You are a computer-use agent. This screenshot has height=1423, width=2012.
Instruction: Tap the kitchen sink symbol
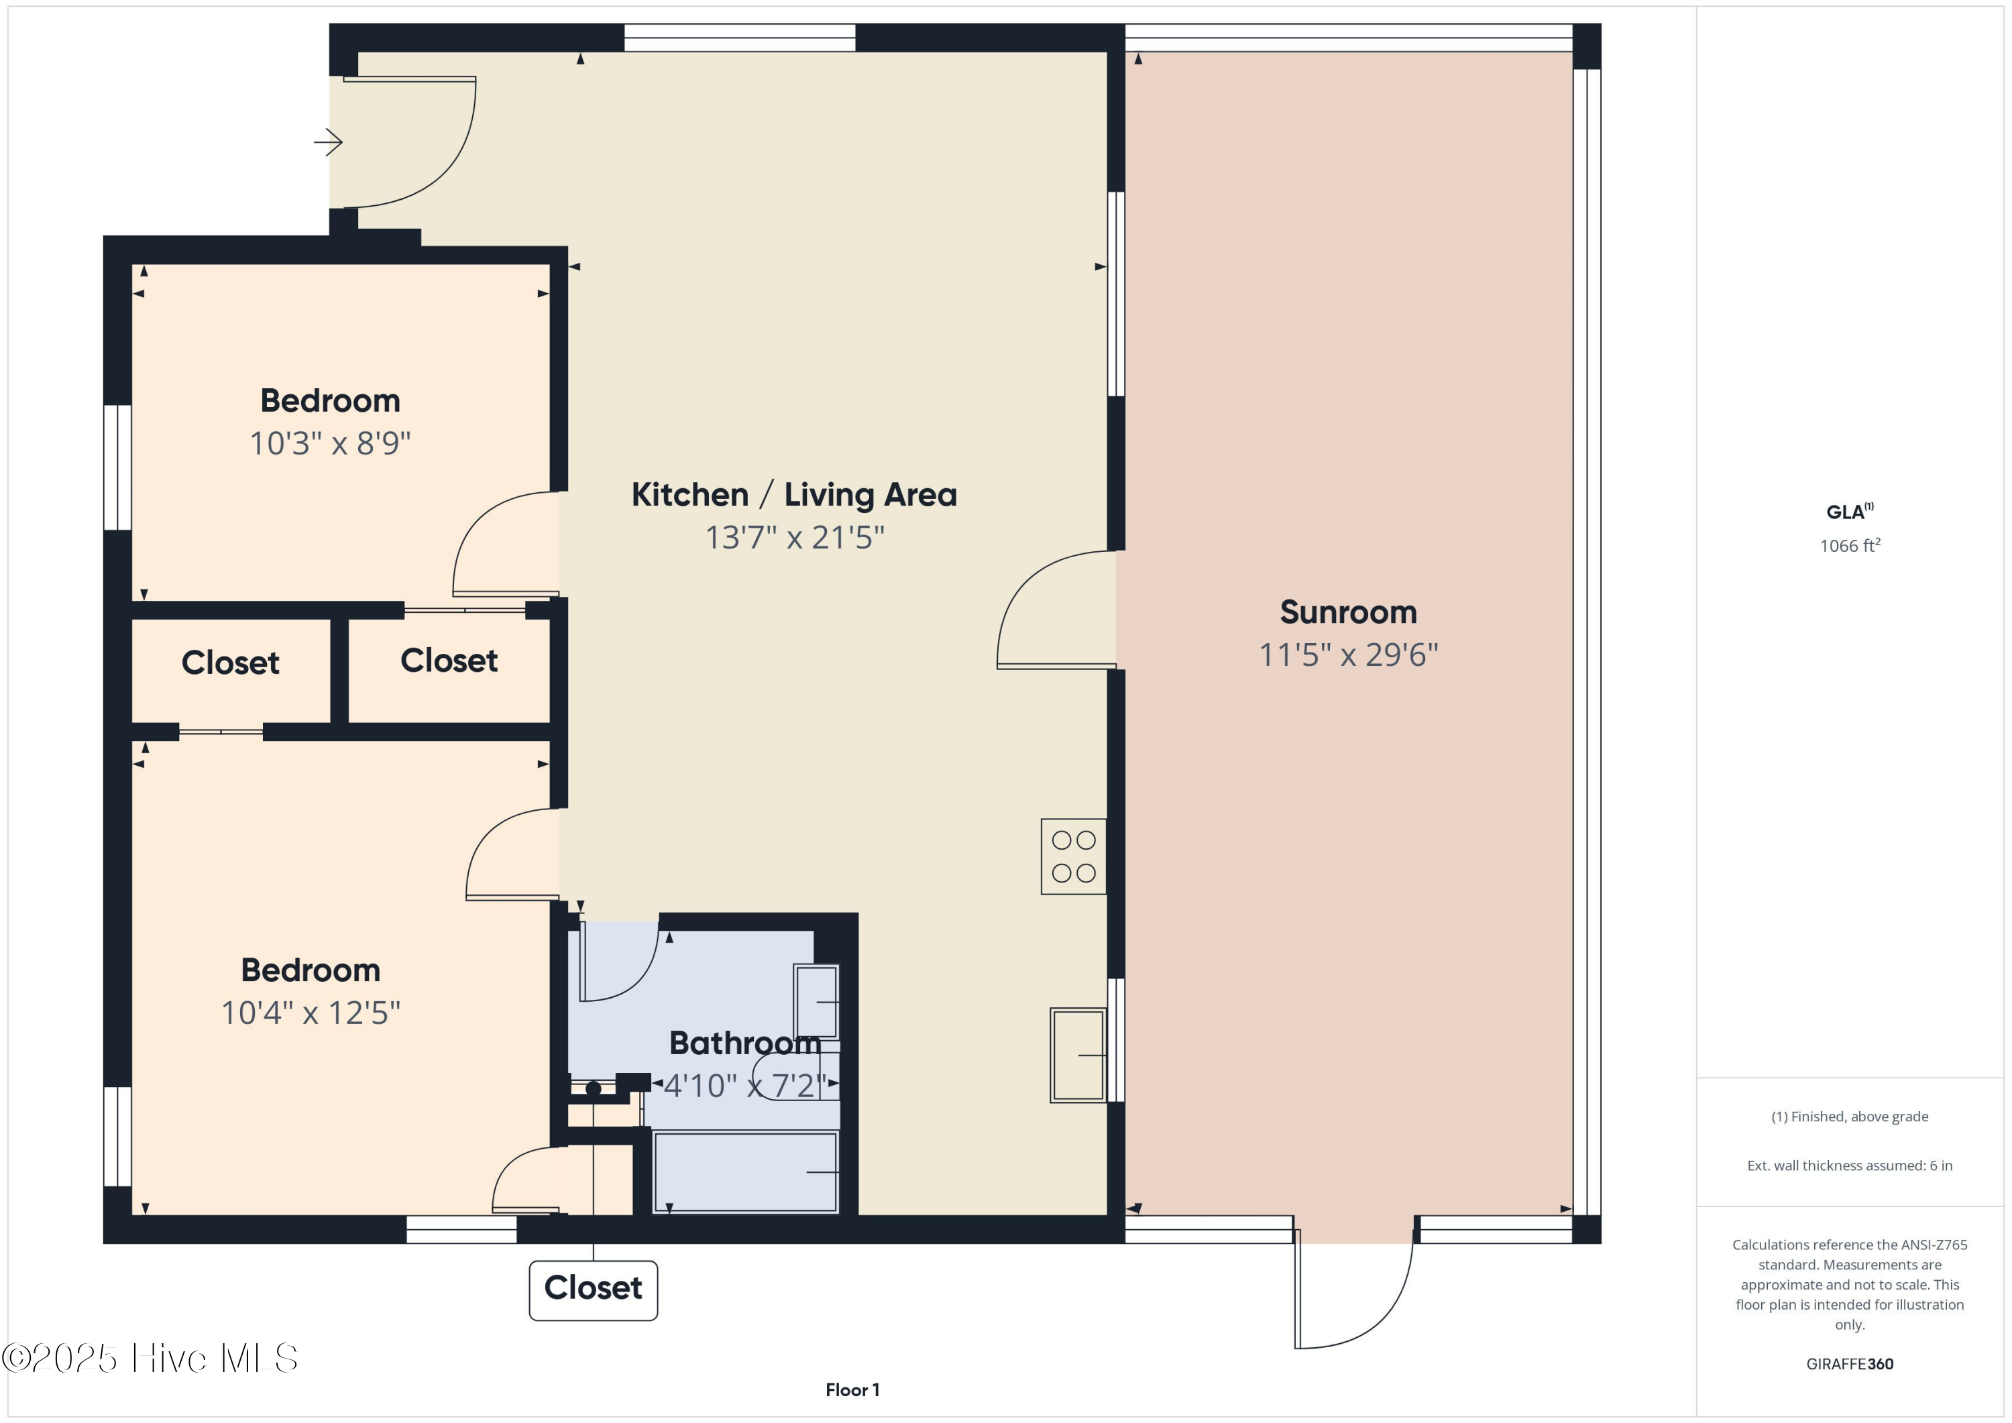[1078, 1055]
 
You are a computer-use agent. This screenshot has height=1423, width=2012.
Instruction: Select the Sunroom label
[1348, 612]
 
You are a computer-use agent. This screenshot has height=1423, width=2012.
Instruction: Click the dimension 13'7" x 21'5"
[795, 537]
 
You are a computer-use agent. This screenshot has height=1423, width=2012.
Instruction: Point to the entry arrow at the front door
[329, 142]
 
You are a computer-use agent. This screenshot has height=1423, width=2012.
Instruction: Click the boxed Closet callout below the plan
[594, 1289]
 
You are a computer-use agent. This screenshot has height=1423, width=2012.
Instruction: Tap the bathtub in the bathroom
[746, 1172]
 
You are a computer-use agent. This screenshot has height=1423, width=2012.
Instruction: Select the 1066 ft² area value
[1849, 546]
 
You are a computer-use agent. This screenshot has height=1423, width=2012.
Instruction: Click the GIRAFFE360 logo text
[1849, 1364]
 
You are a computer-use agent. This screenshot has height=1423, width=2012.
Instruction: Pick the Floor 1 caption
[852, 1389]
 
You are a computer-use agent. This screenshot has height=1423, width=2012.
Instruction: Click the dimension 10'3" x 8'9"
[331, 443]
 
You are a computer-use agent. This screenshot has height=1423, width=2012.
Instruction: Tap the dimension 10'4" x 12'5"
[311, 1013]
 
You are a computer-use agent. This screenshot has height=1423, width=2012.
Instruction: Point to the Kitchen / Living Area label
[794, 495]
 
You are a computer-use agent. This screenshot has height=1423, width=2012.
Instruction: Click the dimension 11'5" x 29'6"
[1348, 655]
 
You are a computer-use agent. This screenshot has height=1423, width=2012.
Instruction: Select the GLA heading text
[1847, 512]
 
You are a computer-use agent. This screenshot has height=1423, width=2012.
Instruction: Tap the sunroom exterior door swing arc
[1384, 1314]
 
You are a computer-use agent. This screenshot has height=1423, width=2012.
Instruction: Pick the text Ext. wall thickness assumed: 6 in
[1849, 1165]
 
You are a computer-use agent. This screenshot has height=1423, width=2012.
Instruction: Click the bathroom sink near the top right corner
[816, 1002]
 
